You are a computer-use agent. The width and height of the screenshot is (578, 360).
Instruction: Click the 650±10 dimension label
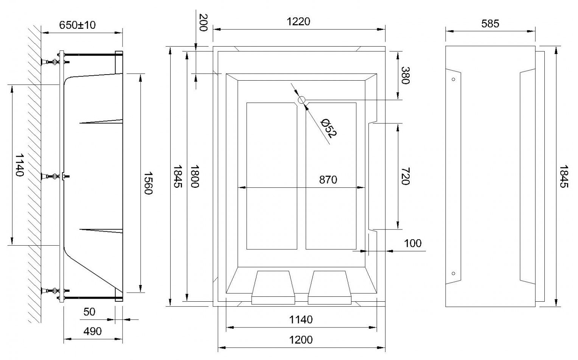[78, 25]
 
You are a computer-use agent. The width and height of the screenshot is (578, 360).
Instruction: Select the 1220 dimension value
[298, 22]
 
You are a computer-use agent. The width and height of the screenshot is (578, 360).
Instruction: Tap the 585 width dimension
[490, 24]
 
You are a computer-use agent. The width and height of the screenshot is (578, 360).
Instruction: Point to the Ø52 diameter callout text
[328, 129]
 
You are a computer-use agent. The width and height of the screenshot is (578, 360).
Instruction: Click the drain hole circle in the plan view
[301, 100]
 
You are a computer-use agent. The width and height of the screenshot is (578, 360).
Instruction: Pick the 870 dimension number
[328, 180]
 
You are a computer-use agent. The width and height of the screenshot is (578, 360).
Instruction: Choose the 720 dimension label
[406, 176]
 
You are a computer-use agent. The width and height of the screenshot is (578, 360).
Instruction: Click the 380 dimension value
[406, 75]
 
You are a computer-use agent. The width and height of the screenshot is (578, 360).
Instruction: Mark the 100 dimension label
[413, 243]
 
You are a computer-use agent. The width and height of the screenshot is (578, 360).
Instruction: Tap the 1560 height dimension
[148, 183]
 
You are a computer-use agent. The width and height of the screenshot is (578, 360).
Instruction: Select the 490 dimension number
[92, 331]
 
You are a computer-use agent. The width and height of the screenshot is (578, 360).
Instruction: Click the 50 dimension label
[89, 312]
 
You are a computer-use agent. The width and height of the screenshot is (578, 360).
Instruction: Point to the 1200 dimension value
[301, 340]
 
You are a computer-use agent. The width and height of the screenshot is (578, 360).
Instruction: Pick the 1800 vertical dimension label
[194, 176]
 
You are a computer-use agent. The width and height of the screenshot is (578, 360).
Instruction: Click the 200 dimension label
[204, 22]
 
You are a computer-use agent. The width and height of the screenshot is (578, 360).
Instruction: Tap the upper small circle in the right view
[454, 79]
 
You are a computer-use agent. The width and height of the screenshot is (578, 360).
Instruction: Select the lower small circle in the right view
[454, 273]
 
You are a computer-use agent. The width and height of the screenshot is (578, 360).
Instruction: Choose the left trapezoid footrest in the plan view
[273, 287]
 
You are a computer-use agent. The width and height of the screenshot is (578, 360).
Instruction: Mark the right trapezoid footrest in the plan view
[329, 287]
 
